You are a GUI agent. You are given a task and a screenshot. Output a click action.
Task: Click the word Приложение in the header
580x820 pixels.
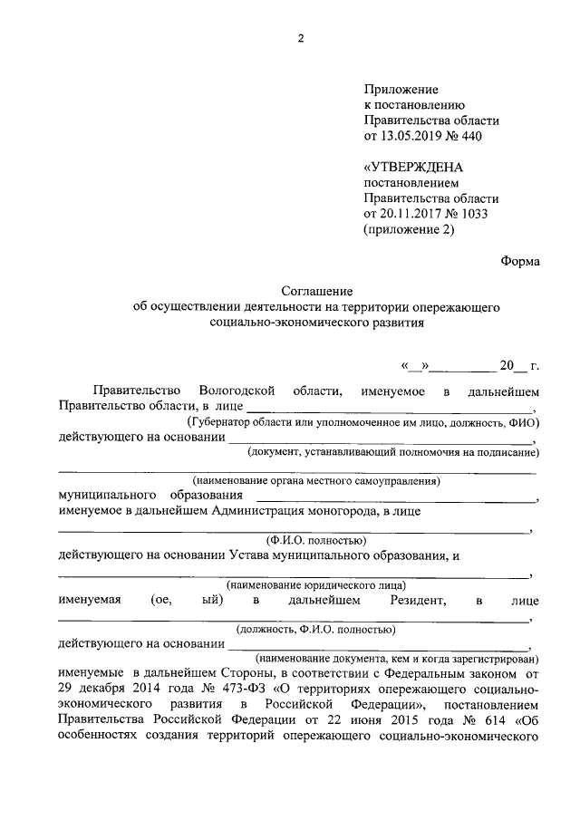tap(401, 90)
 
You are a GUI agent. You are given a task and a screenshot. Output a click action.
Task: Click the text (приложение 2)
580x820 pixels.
tap(408, 229)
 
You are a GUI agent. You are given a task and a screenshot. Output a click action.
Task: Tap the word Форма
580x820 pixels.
tap(519, 261)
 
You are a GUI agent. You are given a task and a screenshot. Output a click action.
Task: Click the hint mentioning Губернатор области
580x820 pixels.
tap(363, 422)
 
